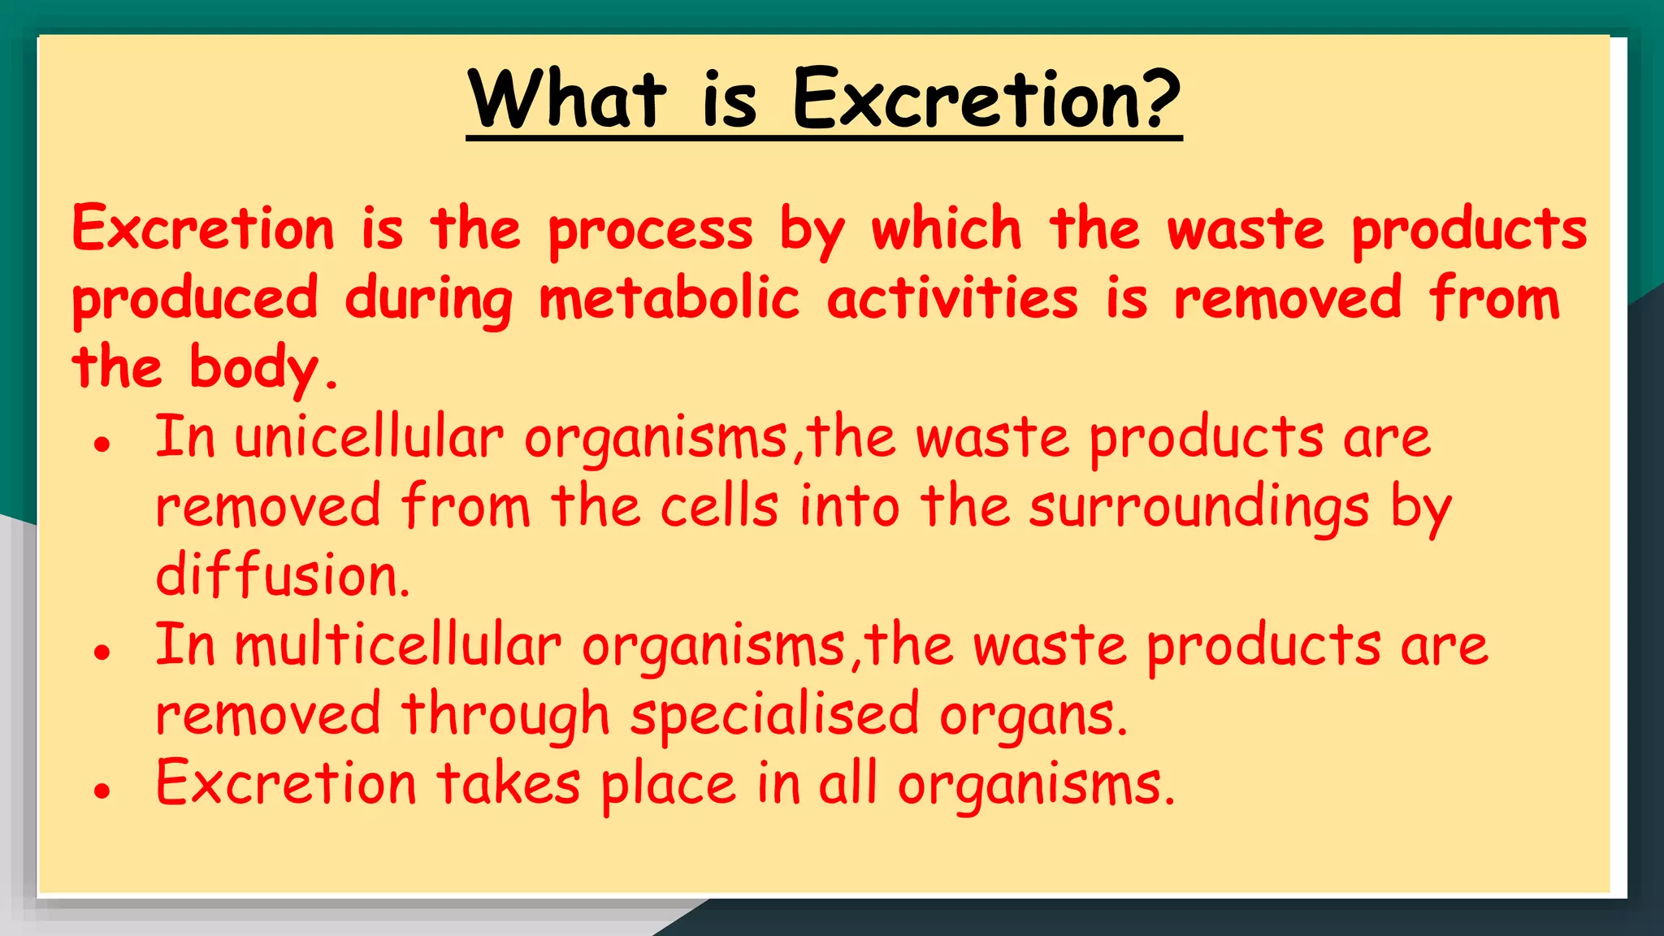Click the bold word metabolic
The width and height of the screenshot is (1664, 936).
669,298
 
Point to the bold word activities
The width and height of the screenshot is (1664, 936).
952,298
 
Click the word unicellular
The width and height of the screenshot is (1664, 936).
369,439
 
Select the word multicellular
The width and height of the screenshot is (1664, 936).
398,646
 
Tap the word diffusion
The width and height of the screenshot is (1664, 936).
282,576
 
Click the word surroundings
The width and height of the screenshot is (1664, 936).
1198,508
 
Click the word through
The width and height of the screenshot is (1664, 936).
505,715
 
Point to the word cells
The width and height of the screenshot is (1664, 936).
719,507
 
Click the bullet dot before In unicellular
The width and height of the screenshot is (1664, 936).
102,444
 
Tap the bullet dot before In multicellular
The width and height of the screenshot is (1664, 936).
102,652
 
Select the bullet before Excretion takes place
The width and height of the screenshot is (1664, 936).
102,790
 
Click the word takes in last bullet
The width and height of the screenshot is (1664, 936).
509,784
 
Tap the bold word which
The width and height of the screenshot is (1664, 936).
947,229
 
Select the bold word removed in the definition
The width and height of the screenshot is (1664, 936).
1288,298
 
